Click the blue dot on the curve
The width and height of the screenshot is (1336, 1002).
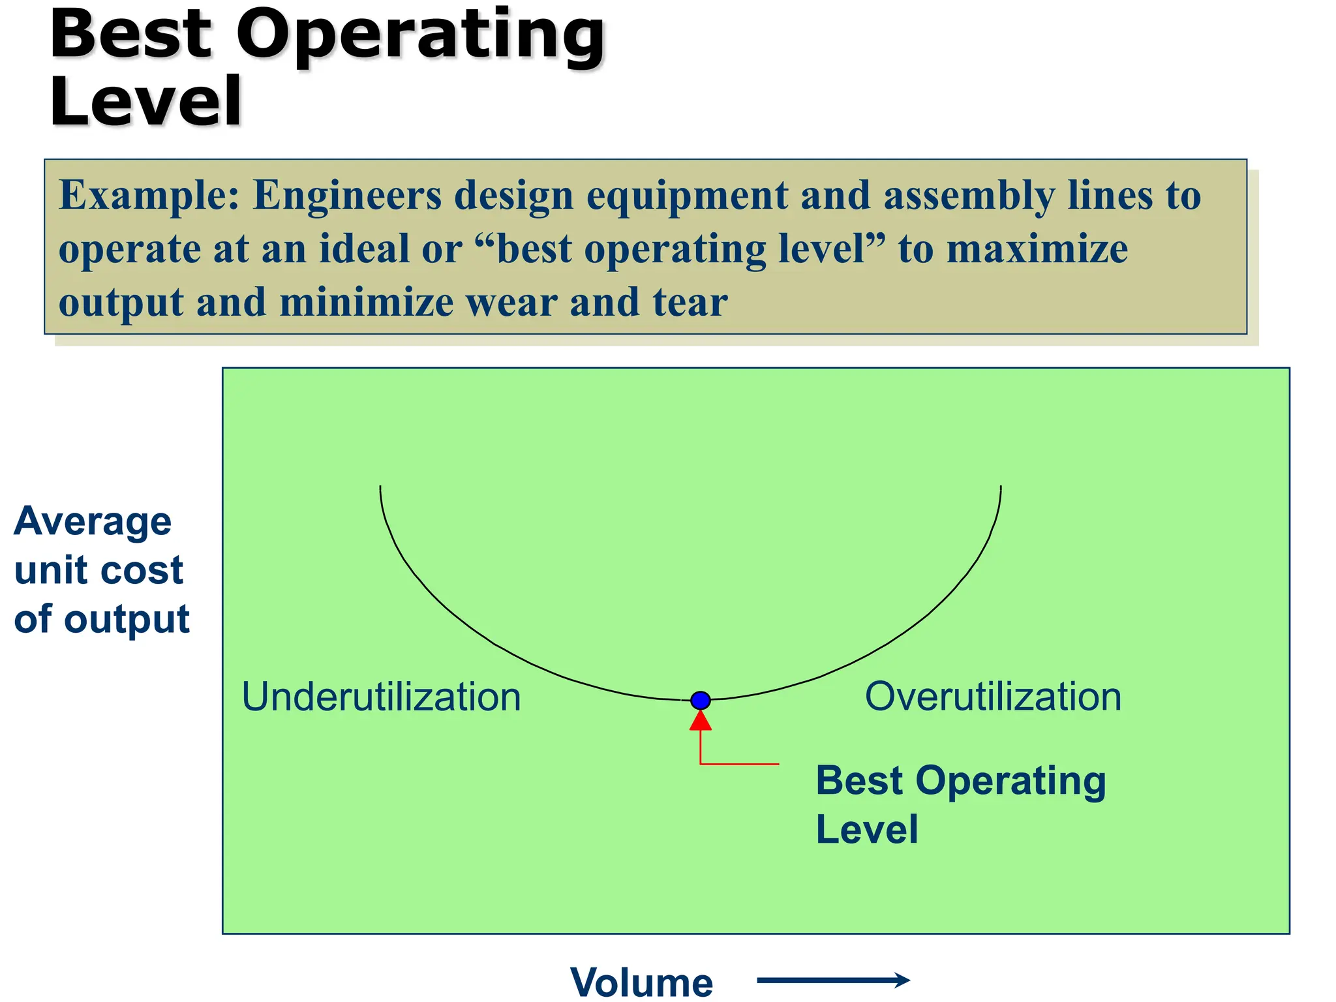[700, 700]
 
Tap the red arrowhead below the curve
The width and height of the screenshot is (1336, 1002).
[700, 721]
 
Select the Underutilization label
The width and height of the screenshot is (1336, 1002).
[381, 697]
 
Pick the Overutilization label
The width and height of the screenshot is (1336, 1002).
[993, 696]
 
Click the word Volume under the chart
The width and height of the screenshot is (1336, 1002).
[641, 982]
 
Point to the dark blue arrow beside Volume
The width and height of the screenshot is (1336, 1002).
[833, 979]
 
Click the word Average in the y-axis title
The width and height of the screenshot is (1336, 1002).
[93, 521]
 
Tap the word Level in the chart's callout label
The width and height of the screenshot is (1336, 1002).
[867, 829]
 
